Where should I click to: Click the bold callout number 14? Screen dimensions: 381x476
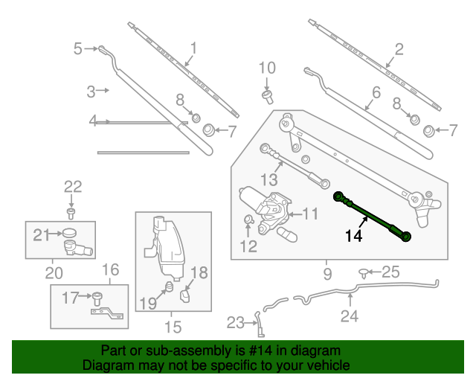pos(356,237)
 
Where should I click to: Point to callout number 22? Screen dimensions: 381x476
pos(71,187)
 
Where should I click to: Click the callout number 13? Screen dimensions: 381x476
pos(268,180)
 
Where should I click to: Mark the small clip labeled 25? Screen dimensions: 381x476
pos(364,273)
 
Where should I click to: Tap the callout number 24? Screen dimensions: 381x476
pos(350,316)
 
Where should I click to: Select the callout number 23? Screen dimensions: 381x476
pos(235,323)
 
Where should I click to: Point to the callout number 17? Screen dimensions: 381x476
pos(70,298)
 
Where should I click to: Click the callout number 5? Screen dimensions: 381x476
pos(78,49)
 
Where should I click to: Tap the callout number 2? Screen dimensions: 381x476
pos(399,50)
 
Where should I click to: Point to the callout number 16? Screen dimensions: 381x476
pos(110,269)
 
